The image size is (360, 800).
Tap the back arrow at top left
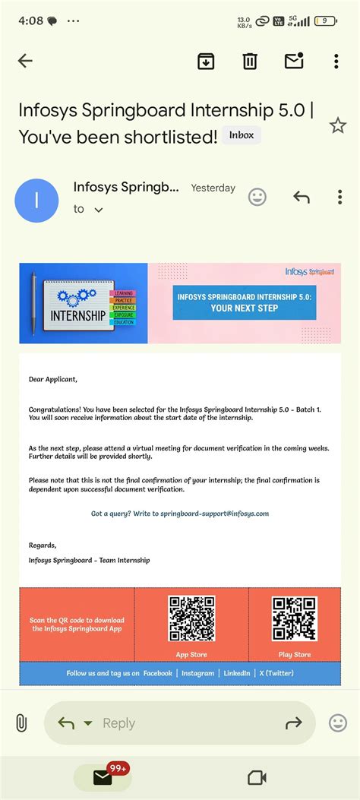pyautogui.click(x=25, y=62)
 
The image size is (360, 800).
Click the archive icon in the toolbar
pyautogui.click(x=206, y=62)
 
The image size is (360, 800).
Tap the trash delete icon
pyautogui.click(x=249, y=62)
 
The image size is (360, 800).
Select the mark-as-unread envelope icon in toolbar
pyautogui.click(x=293, y=61)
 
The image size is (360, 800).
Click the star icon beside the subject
pyautogui.click(x=337, y=126)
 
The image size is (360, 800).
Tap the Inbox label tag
pyautogui.click(x=242, y=135)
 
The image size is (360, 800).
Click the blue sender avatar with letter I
pyautogui.click(x=36, y=200)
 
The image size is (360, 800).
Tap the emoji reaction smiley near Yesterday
pyautogui.click(x=257, y=198)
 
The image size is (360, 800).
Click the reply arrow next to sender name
pyautogui.click(x=302, y=198)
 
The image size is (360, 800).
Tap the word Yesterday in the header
pyautogui.click(x=213, y=188)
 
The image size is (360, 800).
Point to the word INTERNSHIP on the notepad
pyautogui.click(x=77, y=315)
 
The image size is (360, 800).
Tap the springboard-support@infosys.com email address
pyautogui.click(x=214, y=514)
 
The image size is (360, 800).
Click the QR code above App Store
pyautogui.click(x=191, y=618)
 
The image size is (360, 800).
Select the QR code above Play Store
pyautogui.click(x=295, y=618)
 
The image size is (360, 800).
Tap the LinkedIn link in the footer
pyautogui.click(x=237, y=673)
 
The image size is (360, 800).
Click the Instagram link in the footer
pyautogui.click(x=197, y=673)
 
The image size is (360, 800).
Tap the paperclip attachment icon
pyautogui.click(x=22, y=723)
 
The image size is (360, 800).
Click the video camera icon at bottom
pyautogui.click(x=257, y=777)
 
